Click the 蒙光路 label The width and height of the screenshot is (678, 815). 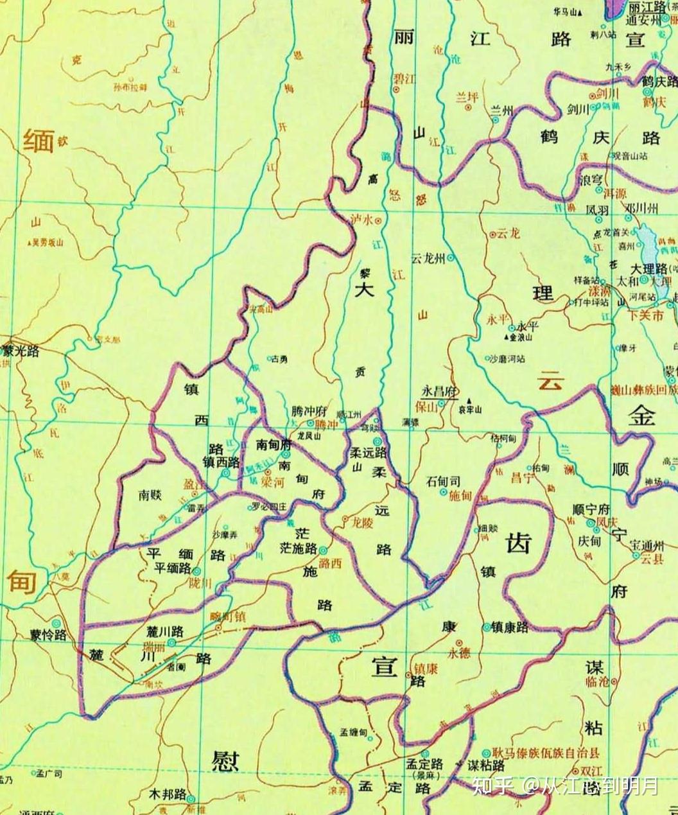coord(21,352)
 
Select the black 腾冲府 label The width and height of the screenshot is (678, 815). coord(309,412)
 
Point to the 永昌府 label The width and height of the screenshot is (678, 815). coord(439,392)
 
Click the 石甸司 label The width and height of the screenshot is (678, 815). coord(443,480)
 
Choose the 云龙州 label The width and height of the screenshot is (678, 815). coord(428,258)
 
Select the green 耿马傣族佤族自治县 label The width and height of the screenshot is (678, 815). coord(546,753)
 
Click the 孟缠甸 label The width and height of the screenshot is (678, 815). coord(353,733)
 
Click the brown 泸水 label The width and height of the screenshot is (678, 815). coord(362,219)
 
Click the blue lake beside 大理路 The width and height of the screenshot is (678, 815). coord(650,247)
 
